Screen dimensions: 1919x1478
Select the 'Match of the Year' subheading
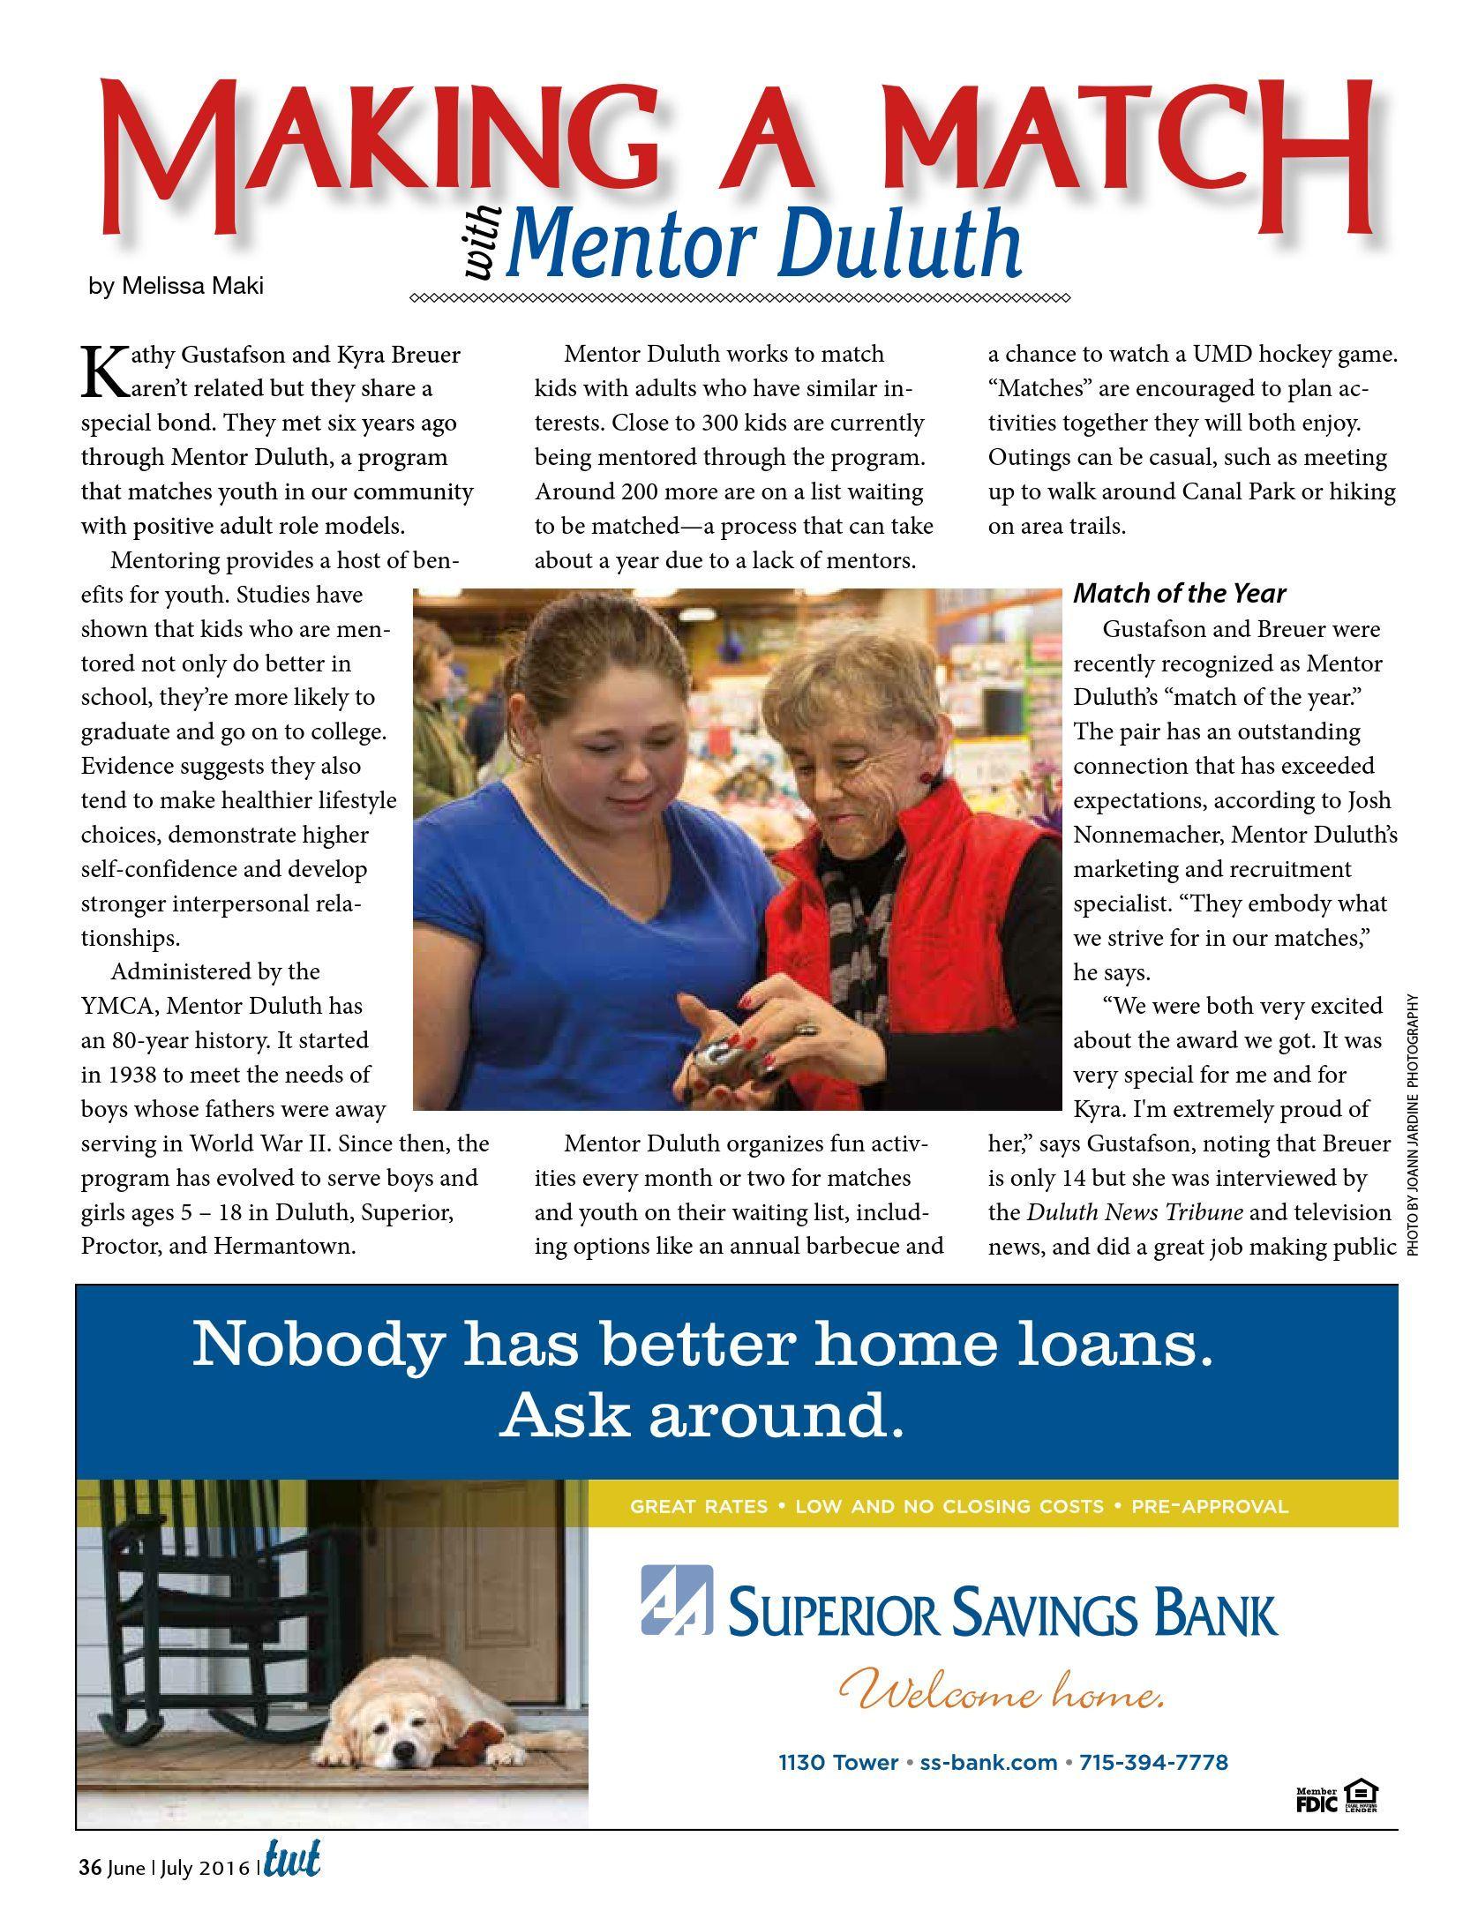coord(1179,594)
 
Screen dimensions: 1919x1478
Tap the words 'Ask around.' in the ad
coord(702,1418)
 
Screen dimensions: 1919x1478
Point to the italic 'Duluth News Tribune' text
coord(1135,1212)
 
